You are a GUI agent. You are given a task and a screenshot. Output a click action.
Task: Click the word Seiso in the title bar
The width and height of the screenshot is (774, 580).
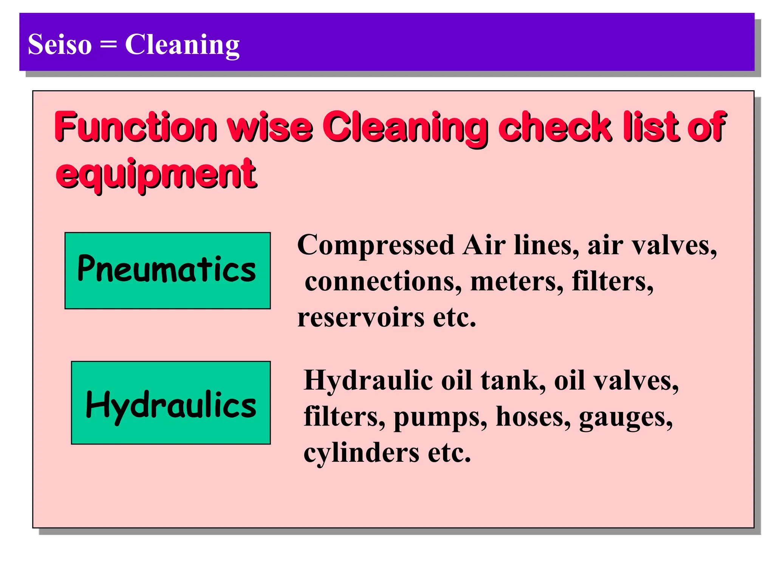click(x=60, y=45)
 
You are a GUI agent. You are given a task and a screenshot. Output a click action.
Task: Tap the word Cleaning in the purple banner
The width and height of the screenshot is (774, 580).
click(x=182, y=45)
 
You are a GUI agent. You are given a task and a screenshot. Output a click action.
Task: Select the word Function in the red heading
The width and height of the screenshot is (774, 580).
click(x=136, y=126)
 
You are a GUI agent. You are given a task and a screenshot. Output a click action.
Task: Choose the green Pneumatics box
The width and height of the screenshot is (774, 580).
click(x=167, y=270)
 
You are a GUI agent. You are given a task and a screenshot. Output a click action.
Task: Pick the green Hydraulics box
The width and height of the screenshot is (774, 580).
click(x=171, y=403)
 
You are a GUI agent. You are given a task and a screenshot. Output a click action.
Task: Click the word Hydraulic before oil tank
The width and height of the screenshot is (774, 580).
click(x=368, y=381)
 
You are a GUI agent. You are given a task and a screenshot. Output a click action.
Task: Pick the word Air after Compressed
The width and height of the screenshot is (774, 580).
click(x=484, y=245)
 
